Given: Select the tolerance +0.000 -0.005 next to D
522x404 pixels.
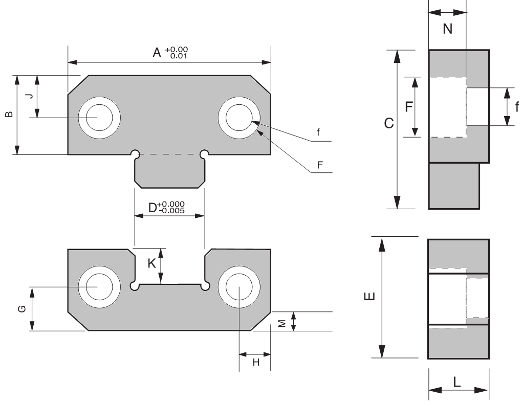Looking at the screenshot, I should [171, 207].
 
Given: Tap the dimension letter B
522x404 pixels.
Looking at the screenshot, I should [8, 115].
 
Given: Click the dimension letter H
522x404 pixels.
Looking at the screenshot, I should [256, 362].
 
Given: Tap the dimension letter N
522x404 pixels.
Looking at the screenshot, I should [447, 29].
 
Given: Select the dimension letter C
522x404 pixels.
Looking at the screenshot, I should [388, 123].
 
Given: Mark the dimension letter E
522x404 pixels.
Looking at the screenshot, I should [372, 297].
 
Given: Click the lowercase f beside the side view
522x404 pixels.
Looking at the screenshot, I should [516, 107].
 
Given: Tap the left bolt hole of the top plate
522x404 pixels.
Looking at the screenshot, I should [99, 118].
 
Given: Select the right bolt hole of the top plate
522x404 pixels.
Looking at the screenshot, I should [240, 118].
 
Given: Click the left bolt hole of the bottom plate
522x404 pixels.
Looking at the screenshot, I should [99, 287].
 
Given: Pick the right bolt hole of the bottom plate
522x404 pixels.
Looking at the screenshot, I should [240, 287].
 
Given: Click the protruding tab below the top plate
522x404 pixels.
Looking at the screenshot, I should [169, 171].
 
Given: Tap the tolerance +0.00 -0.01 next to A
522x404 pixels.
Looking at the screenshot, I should [176, 52].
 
